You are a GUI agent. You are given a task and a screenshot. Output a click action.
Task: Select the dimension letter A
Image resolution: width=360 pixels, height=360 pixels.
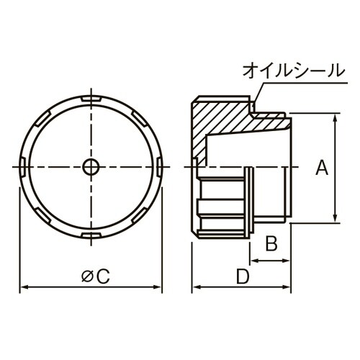click(322, 168)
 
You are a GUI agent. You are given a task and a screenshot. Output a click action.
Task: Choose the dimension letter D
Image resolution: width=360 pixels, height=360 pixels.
click(243, 276)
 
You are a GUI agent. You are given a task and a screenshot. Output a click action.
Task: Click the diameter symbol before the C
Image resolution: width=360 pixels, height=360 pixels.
click(86, 275)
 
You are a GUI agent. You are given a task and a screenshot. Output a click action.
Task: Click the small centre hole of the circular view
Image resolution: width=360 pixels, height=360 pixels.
click(90, 167)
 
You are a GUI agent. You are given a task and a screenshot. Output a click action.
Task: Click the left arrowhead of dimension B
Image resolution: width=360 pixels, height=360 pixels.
click(253, 257)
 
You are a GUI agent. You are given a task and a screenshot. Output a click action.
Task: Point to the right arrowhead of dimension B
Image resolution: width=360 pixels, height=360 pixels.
click(287, 257)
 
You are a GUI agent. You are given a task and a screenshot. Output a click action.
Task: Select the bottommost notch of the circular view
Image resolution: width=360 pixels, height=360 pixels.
click(90, 236)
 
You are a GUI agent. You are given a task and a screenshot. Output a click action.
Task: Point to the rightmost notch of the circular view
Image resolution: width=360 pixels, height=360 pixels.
click(158, 167)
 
